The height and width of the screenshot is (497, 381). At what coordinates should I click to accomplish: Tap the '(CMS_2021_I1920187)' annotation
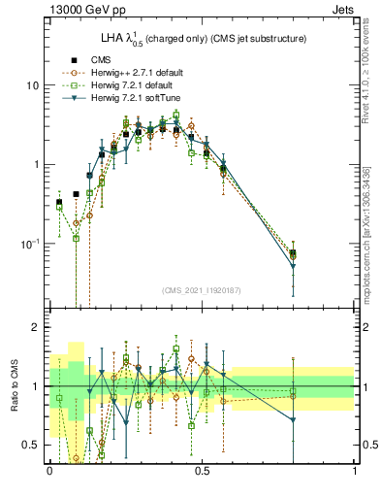pyautogui.click(x=201, y=290)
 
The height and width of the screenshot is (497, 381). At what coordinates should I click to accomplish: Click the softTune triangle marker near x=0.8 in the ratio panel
pyautogui.click(x=293, y=420)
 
